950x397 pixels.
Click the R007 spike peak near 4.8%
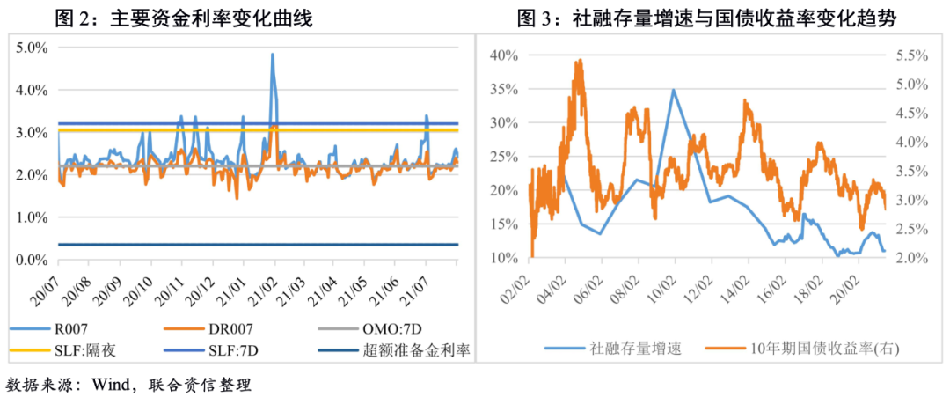pos(272,55)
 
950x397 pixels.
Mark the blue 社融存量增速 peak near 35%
pos(674,90)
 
